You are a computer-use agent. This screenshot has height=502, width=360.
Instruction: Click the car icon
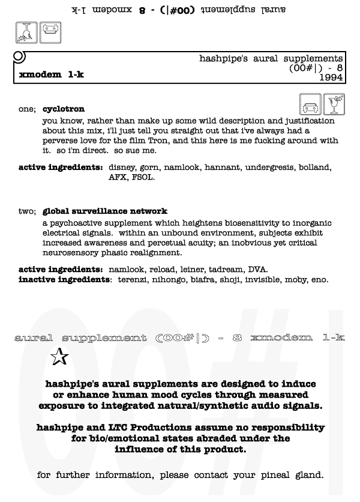pyautogui.click(x=310, y=104)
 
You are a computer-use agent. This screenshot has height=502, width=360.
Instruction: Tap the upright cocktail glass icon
pyautogui.click(x=334, y=104)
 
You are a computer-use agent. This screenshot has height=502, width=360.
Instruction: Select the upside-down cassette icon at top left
pyautogui.click(x=50, y=32)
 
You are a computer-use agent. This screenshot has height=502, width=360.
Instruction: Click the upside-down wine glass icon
pyautogui.click(x=26, y=32)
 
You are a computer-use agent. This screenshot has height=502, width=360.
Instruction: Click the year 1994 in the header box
pyautogui.click(x=331, y=77)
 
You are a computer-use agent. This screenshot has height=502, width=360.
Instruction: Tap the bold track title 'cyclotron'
pyautogui.click(x=64, y=109)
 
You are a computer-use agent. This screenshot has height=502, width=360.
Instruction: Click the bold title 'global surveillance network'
pyautogui.click(x=105, y=211)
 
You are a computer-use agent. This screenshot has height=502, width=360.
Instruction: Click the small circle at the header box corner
pyautogui.click(x=19, y=57)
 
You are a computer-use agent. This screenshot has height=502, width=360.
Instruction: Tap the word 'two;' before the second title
pyautogui.click(x=28, y=211)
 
